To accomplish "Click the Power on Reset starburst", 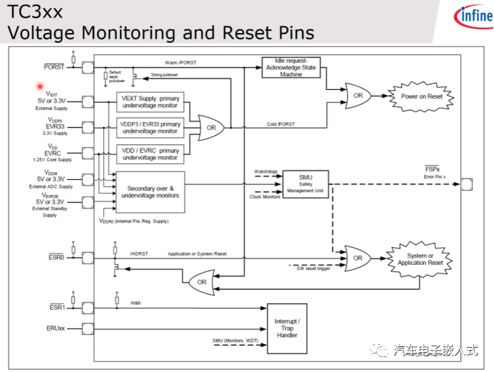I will click(x=420, y=96).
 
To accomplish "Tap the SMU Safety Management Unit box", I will click(x=305, y=184).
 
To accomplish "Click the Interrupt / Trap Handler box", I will click(x=287, y=328).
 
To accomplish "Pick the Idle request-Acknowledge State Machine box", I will click(x=291, y=69).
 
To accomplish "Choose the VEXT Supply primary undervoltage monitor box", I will click(x=150, y=102).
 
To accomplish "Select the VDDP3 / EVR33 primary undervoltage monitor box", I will click(x=150, y=128).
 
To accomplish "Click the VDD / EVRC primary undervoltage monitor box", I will click(x=150, y=154).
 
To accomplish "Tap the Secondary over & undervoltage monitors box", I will click(x=150, y=191).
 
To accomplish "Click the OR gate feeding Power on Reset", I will click(x=357, y=96).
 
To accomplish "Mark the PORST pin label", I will click(x=54, y=67).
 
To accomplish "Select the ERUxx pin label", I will click(x=56, y=328).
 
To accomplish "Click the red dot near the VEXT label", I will click(x=40, y=87).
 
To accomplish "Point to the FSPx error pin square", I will click(x=467, y=184).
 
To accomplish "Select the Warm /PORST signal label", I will click(x=180, y=63).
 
